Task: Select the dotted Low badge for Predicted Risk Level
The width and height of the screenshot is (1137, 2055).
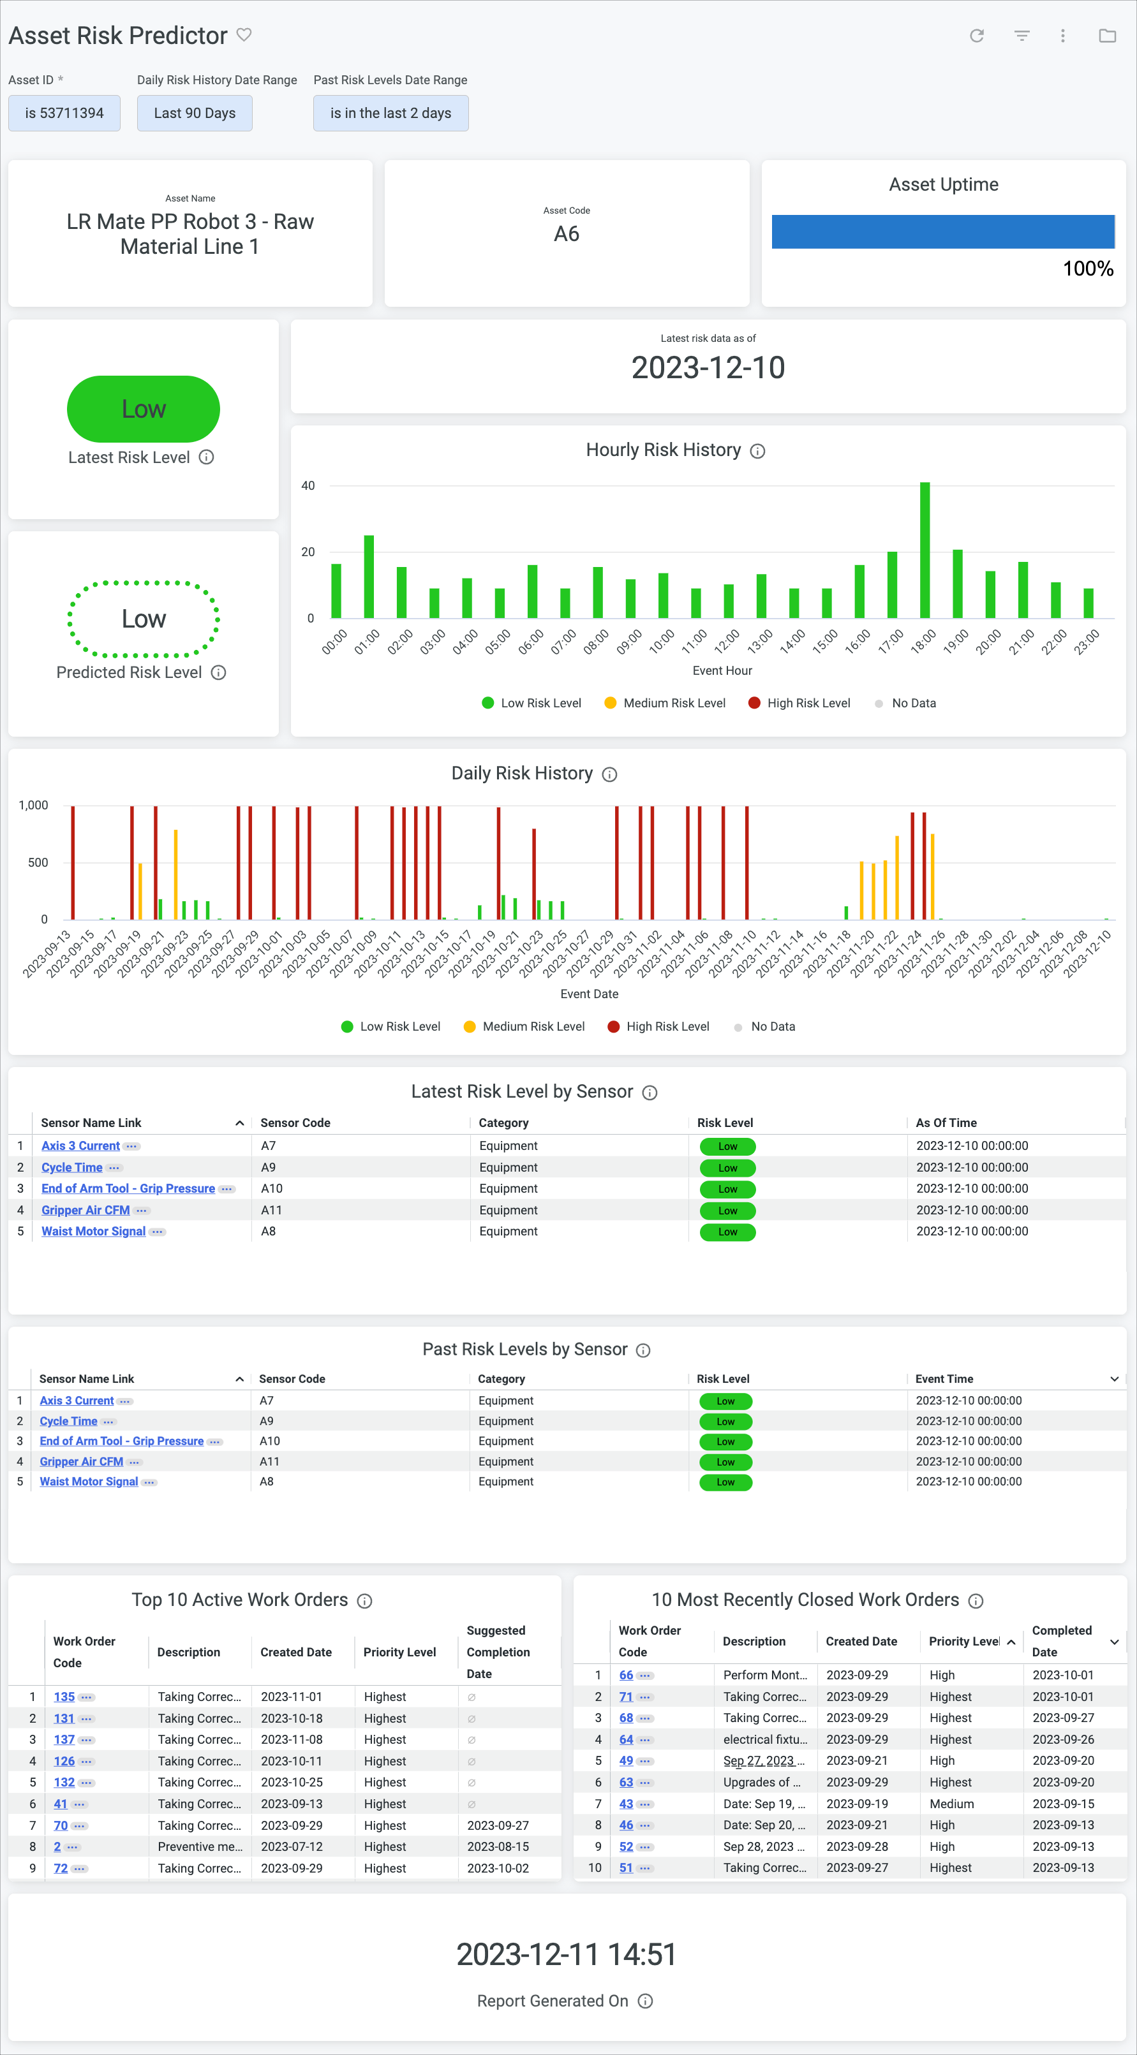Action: point(144,619)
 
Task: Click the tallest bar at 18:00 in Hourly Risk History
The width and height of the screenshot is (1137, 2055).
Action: point(925,550)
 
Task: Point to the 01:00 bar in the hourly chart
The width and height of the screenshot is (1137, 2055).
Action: point(369,576)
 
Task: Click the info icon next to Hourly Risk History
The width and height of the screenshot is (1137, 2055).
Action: point(758,452)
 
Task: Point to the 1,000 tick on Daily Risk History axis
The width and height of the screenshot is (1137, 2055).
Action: point(34,806)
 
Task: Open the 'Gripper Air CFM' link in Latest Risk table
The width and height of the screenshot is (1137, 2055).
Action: point(85,1210)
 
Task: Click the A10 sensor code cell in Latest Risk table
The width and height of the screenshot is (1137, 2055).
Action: point(272,1189)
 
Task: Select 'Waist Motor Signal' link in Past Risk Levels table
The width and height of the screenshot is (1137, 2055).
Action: point(89,1482)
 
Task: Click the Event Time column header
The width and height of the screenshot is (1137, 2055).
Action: point(944,1378)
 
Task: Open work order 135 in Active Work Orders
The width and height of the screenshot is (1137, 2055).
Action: point(64,1697)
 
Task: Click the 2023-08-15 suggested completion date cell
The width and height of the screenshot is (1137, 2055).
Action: point(498,1847)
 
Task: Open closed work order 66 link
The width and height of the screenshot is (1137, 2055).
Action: point(625,1676)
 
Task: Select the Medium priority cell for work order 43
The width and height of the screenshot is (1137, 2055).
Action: point(951,1804)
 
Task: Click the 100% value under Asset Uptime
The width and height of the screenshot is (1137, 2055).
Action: point(1087,269)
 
